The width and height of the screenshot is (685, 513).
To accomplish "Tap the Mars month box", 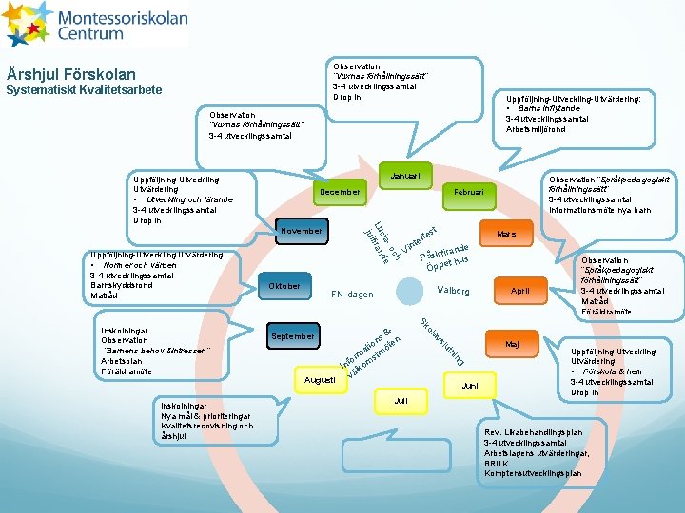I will point(506,233).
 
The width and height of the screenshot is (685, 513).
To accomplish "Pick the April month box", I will point(520,291).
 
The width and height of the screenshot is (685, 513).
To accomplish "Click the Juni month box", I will point(470,386).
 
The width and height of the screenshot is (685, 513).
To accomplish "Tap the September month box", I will point(294,336).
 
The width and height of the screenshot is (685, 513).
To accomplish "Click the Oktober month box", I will point(284,286).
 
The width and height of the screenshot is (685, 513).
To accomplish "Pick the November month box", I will point(303,231).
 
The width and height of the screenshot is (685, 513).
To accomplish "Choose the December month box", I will point(339,193).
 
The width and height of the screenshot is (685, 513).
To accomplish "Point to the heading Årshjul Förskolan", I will point(71,74).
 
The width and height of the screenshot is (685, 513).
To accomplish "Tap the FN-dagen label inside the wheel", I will point(352,294).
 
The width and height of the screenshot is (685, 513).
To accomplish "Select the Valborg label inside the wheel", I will point(453,291).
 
